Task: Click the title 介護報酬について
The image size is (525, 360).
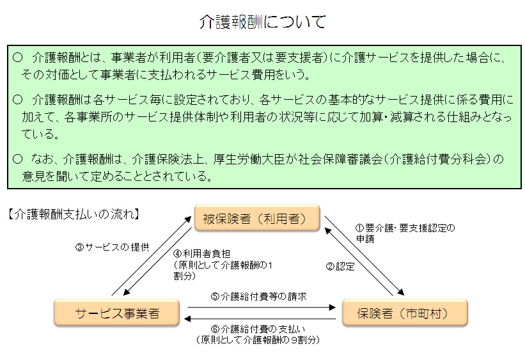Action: tap(262, 22)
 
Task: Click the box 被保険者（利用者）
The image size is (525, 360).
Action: tap(256, 219)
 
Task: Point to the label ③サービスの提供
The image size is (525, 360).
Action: tap(113, 247)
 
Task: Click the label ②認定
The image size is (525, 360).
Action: tap(340, 267)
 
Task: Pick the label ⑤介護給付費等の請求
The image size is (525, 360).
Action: tap(258, 297)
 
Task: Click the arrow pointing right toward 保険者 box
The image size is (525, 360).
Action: tap(259, 308)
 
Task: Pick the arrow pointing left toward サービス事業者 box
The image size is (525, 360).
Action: tap(259, 319)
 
